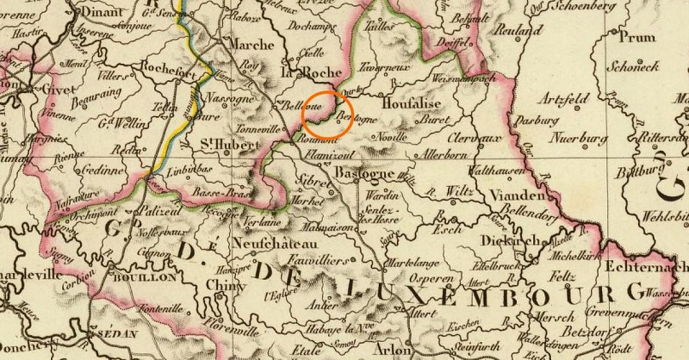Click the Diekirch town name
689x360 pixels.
pyautogui.click(x=506, y=241)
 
